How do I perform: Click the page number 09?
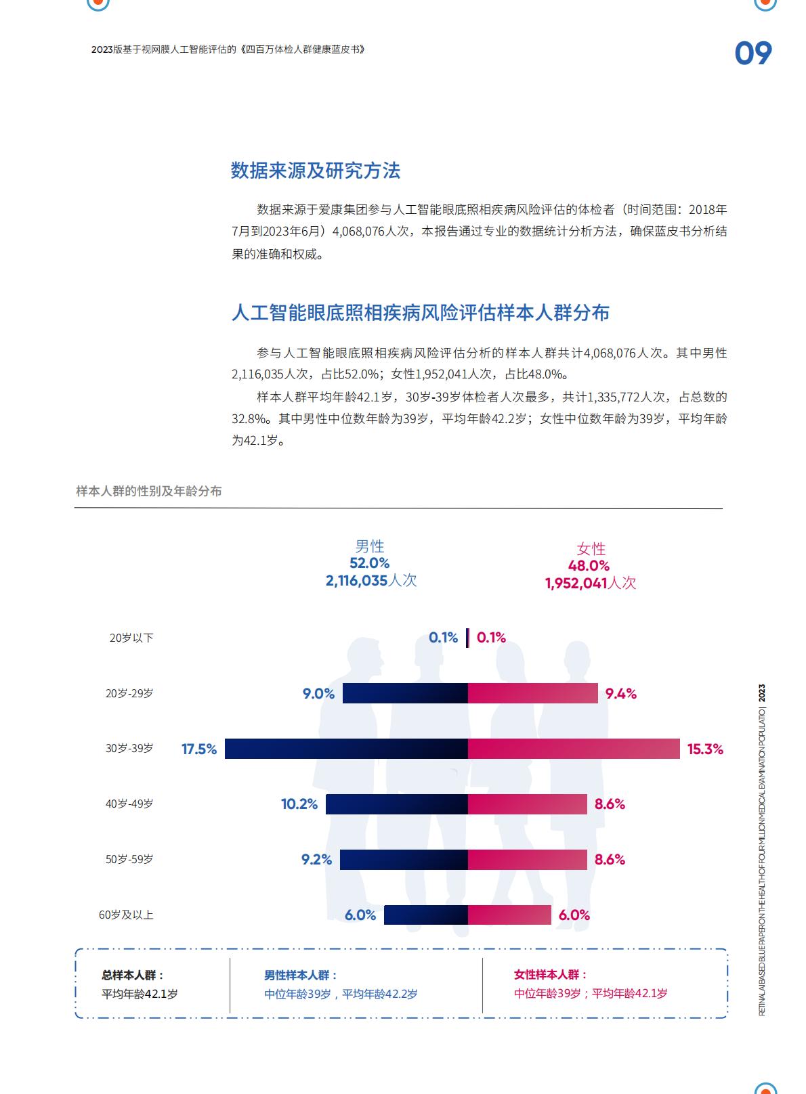pyautogui.click(x=753, y=53)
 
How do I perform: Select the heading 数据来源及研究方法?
pyautogui.click(x=316, y=171)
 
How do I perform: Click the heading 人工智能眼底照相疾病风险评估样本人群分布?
pyautogui.click(x=420, y=313)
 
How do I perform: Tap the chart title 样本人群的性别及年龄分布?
pyautogui.click(x=149, y=491)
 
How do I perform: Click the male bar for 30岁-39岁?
pyautogui.click(x=346, y=749)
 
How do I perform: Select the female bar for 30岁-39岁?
pyautogui.click(x=574, y=749)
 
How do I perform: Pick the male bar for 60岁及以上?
pyautogui.click(x=425, y=915)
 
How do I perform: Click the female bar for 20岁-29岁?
pyautogui.click(x=532, y=693)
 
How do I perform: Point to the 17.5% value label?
pyautogui.click(x=199, y=749)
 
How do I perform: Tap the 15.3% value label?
pyautogui.click(x=705, y=749)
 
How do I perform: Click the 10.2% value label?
pyautogui.click(x=299, y=804)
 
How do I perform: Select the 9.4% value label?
pyautogui.click(x=620, y=694)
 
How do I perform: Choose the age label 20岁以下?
pyautogui.click(x=131, y=638)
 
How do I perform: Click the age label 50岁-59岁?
pyautogui.click(x=129, y=860)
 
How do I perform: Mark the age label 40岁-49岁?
pyautogui.click(x=129, y=804)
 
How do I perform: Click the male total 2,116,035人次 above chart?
pyautogui.click(x=370, y=580)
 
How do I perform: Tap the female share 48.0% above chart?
pyautogui.click(x=589, y=566)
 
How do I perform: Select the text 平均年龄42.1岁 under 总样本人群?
pyautogui.click(x=140, y=994)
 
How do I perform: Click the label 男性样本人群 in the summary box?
pyautogui.click(x=300, y=976)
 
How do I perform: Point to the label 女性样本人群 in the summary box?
pyautogui.click(x=551, y=975)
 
